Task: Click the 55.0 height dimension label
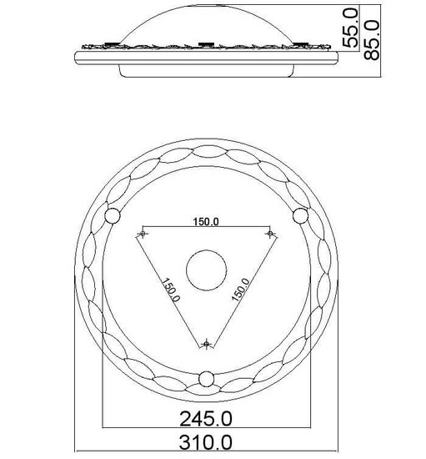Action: [351, 28]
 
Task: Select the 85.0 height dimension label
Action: [372, 40]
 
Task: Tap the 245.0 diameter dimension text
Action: [206, 419]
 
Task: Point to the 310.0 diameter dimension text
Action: [206, 442]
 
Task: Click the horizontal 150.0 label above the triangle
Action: [206, 222]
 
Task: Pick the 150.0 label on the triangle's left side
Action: [171, 290]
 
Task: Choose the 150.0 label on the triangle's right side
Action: [241, 290]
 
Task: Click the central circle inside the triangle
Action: [207, 270]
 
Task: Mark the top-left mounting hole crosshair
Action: [143, 234]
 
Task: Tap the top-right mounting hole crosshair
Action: [270, 234]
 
